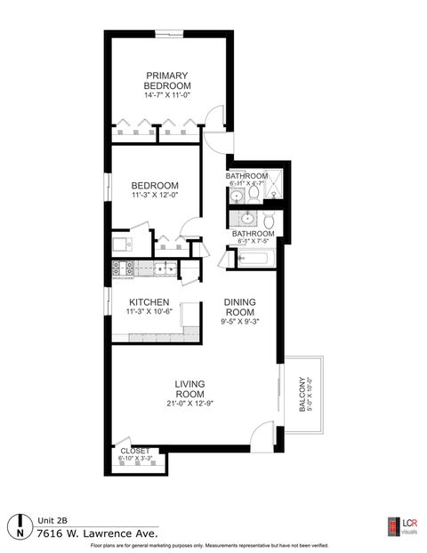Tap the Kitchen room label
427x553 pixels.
coord(149,302)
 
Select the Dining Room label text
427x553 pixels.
coord(240,307)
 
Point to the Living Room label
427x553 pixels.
coord(190,389)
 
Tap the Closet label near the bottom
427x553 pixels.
coord(135,451)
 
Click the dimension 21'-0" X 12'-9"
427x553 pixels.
coord(190,405)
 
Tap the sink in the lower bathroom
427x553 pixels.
coord(246,218)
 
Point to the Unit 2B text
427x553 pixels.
coord(52,521)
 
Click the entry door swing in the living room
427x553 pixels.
coord(259,433)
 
